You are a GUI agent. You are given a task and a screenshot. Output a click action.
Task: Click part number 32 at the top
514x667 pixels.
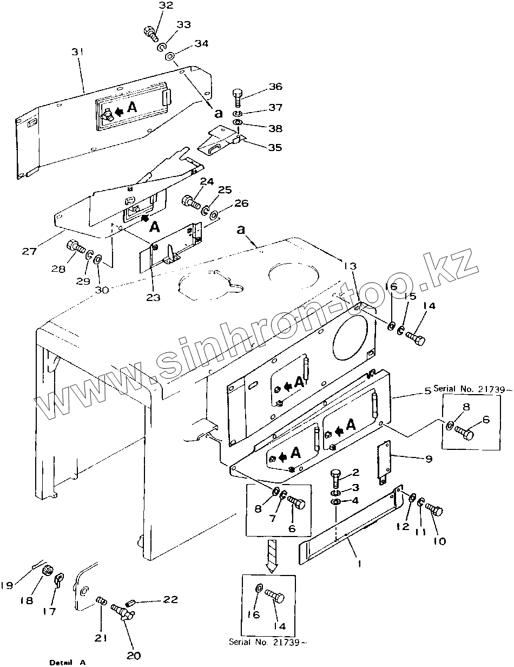pyautogui.click(x=166, y=5)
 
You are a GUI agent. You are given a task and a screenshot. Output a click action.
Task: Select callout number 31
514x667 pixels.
pyautogui.click(x=78, y=52)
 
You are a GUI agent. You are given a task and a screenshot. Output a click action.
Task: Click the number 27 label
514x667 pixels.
pyautogui.click(x=29, y=251)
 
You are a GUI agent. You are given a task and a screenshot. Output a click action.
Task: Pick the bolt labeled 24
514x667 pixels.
pyautogui.click(x=191, y=201)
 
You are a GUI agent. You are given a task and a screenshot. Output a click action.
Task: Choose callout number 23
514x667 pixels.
pyautogui.click(x=153, y=297)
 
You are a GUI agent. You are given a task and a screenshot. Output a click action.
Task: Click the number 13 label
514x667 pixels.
pyautogui.click(x=350, y=266)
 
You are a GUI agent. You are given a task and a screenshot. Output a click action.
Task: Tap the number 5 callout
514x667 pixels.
pyautogui.click(x=428, y=390)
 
